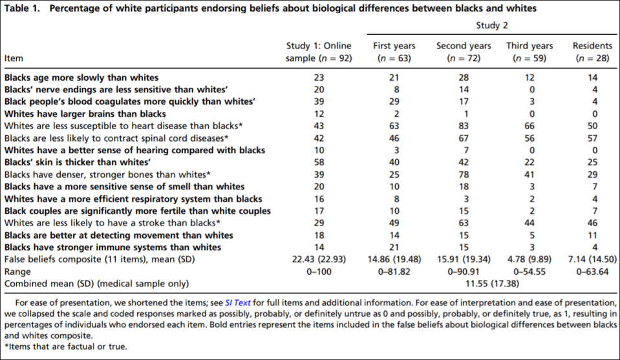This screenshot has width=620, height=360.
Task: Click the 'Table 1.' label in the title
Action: click(25, 8)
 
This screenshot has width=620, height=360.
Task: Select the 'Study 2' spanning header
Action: click(492, 25)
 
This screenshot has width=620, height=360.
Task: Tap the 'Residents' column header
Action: click(592, 46)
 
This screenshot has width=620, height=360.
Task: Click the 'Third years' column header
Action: click(529, 46)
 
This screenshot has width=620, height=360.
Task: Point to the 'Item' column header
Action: click(14, 58)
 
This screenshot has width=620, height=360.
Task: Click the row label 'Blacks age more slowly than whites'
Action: click(81, 78)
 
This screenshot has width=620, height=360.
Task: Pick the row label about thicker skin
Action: click(78, 162)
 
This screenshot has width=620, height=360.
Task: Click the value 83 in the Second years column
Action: click(463, 126)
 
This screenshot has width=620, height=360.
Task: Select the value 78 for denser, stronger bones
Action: click(463, 175)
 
